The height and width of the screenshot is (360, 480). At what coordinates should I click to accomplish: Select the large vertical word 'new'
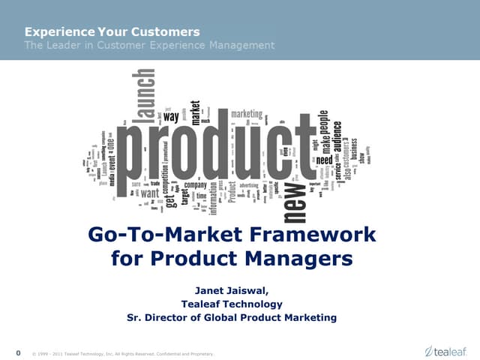pos(296,196)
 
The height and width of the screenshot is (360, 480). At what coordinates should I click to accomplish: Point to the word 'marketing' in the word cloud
pos(246,114)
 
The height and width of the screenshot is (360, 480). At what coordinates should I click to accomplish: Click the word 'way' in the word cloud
pos(171,117)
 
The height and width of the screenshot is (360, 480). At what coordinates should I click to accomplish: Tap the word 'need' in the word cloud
pos(324,160)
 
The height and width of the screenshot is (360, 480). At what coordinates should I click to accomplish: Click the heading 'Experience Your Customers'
pos(112,31)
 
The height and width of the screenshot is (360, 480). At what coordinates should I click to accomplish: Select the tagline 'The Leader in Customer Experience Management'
pos(149,46)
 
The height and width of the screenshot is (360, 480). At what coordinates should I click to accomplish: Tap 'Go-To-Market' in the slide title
pos(176,235)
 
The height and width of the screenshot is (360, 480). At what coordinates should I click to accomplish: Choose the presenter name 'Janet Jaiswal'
pos(231,290)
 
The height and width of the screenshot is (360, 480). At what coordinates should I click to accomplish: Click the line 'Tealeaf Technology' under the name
pos(231,304)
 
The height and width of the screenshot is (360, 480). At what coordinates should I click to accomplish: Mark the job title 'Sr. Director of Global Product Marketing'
pos(231,317)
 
